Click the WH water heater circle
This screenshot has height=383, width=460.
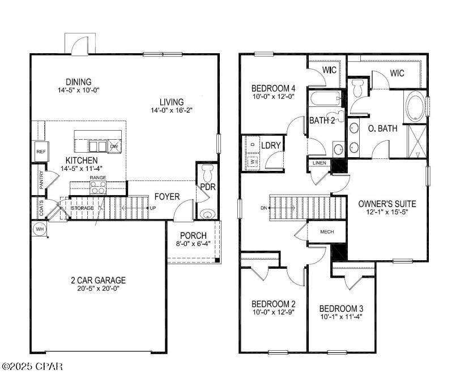tap(39, 229)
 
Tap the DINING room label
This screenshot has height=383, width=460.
tap(78, 82)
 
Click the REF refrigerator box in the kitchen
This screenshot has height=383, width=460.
tap(41, 152)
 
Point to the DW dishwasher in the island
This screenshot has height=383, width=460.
tap(114, 147)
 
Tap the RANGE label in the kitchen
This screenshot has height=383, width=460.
tap(97, 178)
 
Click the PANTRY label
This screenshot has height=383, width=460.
tap(41, 181)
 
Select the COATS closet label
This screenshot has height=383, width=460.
tap(41, 205)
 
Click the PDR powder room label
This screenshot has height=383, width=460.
tap(207, 187)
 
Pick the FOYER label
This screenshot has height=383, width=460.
tap(167, 197)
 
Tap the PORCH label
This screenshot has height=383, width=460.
tap(193, 235)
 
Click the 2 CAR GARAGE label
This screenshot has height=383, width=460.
tap(98, 280)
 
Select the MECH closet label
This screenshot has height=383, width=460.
tap(327, 231)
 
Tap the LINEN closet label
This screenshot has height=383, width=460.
tap(318, 163)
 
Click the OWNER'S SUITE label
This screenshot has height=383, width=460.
tap(387, 204)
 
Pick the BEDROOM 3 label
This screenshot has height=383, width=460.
tap(341, 308)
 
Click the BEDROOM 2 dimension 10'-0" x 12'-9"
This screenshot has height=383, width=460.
tap(273, 312)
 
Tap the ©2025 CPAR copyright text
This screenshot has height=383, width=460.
tap(32, 367)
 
